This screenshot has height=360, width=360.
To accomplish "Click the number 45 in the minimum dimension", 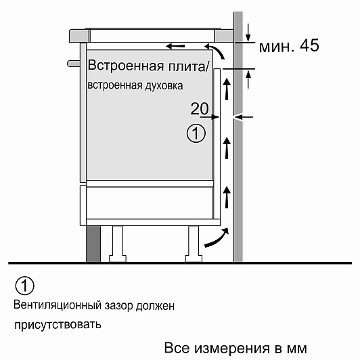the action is [x=309, y=45].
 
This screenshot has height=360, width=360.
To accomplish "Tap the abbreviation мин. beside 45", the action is [x=277, y=47].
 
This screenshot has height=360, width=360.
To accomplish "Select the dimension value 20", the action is [x=200, y=108].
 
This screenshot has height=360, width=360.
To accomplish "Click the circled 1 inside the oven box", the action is [x=196, y=133].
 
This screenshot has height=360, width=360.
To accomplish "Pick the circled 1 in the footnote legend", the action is [x=24, y=286].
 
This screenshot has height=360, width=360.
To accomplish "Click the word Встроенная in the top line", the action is [x=126, y=65].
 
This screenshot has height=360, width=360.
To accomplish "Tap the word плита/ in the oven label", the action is [x=189, y=66].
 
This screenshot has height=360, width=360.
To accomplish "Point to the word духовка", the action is [x=164, y=86].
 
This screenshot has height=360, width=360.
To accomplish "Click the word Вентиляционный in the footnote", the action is [x=58, y=305].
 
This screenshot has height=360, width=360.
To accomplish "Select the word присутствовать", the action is [x=58, y=325].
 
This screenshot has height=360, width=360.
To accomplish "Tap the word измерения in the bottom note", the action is [x=232, y=348].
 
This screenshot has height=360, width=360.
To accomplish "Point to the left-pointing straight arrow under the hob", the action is [x=175, y=46].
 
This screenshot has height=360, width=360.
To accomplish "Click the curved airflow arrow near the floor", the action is [x=217, y=238].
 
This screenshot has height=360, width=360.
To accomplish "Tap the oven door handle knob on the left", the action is [x=74, y=64].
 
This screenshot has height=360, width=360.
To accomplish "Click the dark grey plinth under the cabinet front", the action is [x=93, y=244].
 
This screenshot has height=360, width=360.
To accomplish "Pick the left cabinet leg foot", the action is [x=118, y=258].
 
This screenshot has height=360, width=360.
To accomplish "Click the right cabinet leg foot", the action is [x=194, y=258].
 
